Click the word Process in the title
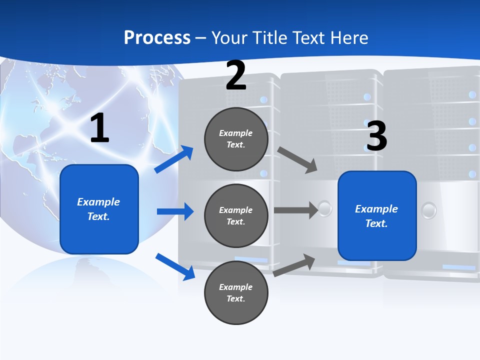tap(157, 37)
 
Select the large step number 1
tap(99, 128)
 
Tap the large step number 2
tap(236, 75)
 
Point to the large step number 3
tap(376, 136)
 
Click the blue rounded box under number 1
tap(99, 209)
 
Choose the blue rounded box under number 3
tap(377, 216)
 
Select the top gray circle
tap(236, 139)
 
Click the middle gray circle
tap(236, 215)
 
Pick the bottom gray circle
tap(236, 292)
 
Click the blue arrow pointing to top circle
tap(174, 159)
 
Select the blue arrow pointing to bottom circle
tap(175, 266)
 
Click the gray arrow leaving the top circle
tap(297, 160)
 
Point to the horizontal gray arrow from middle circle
tap(295, 210)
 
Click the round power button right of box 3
tap(429, 210)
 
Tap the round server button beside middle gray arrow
tap(325, 208)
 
